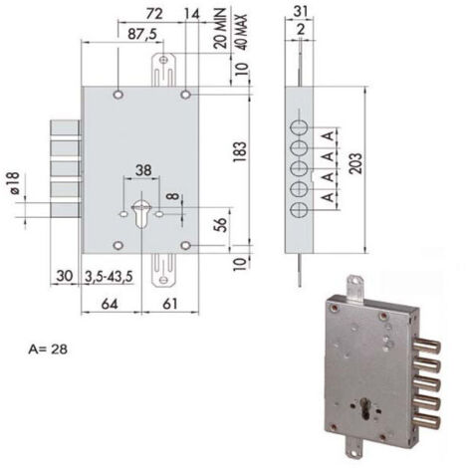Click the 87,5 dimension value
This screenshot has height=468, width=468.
tap(142, 34)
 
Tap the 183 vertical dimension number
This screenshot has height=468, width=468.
tap(240, 152)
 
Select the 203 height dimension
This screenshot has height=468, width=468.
tap(355, 163)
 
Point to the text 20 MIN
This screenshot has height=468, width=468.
tap(220, 29)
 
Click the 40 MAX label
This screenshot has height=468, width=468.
tap(241, 32)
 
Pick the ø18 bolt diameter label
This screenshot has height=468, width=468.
tap(15, 183)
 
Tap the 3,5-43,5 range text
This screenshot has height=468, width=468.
tap(109, 277)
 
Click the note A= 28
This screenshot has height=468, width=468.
tap(48, 350)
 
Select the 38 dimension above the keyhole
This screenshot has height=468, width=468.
tap(143, 170)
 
